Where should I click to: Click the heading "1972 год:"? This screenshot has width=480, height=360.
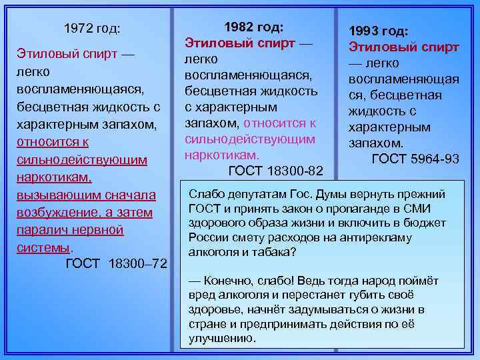92,29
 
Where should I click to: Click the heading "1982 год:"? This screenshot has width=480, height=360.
255,27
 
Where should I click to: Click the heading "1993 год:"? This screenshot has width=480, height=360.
379,31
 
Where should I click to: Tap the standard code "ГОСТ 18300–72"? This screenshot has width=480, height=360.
117,265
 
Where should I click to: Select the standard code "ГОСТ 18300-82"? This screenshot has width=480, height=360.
276,171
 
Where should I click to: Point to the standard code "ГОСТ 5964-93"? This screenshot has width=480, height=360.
415,159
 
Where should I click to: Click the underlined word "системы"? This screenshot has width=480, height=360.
43,247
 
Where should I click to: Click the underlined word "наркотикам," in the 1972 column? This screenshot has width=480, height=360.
54,178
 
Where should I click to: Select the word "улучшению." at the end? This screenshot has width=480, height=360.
223,338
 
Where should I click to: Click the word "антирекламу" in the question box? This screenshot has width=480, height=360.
379,238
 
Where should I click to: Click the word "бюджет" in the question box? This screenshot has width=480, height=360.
426,223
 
